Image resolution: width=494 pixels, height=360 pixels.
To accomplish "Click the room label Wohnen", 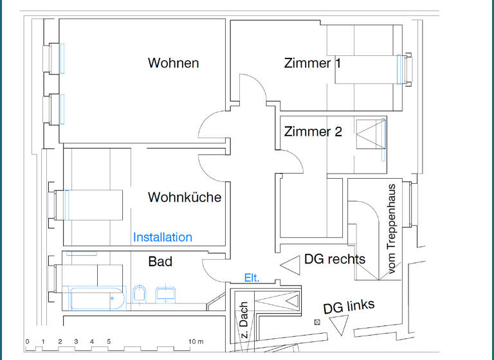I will (173, 63).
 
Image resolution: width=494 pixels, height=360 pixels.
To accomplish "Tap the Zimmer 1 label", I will (313, 63).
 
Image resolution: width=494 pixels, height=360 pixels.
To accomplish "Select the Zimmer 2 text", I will (313, 132).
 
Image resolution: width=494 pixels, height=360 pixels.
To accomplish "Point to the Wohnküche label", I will (184, 197).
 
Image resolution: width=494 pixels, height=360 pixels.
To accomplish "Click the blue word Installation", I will (162, 237).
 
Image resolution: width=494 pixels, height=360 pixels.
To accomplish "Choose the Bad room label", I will (160, 262).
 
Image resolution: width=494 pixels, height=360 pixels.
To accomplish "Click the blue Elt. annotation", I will (252, 278).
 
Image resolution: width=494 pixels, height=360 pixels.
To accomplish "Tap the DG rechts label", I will (334, 259).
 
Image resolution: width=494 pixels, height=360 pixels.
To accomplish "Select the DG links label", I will (349, 307).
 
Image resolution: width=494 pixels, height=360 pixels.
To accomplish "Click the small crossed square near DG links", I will (316, 321).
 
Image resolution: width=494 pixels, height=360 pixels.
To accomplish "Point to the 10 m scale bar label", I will (196, 341).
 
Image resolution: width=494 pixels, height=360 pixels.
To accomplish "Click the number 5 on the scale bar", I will (109, 341).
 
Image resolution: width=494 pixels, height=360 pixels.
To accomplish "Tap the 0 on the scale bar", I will (27, 341).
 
